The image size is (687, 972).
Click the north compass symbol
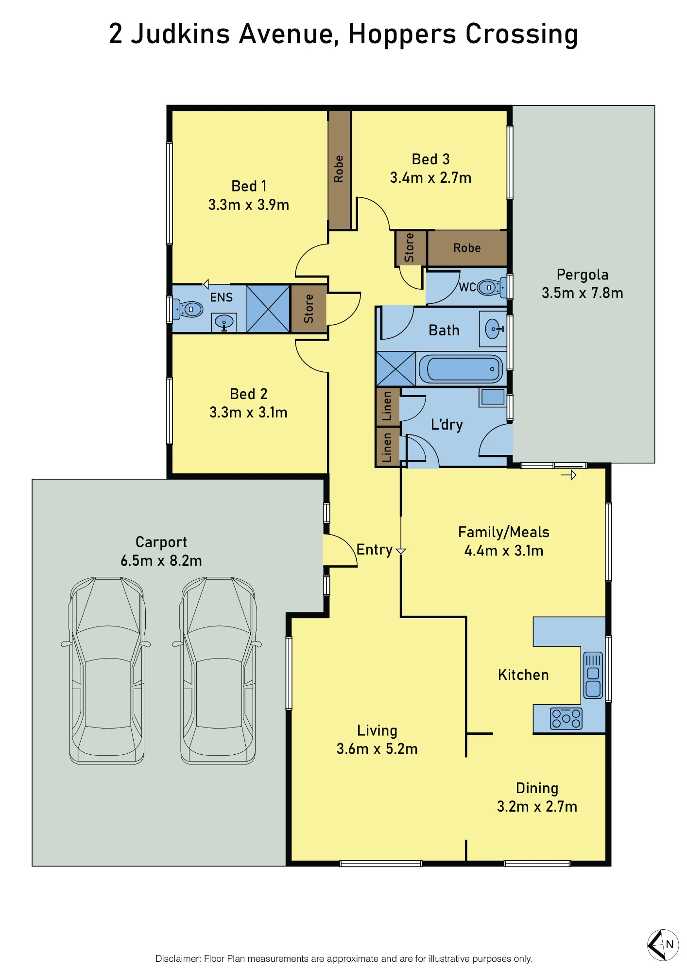pyautogui.click(x=663, y=944)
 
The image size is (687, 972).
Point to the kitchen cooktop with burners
pyautogui.click(x=566, y=718)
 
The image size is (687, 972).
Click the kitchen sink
pyautogui.click(x=593, y=675)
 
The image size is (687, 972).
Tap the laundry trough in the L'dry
pyautogui.click(x=493, y=397)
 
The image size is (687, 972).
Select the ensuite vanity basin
pyautogui.click(x=224, y=322)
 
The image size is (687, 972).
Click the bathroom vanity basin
pyautogui.click(x=493, y=329)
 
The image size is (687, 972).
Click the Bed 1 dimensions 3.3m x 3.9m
pyautogui.click(x=249, y=205)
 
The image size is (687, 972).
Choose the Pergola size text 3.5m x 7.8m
pyautogui.click(x=583, y=293)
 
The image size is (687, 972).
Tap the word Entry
pyautogui.click(x=375, y=550)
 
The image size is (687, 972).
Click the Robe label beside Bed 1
pyautogui.click(x=339, y=169)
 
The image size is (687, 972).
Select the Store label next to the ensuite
pyautogui.click(x=309, y=309)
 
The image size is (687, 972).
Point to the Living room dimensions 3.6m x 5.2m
pyautogui.click(x=377, y=749)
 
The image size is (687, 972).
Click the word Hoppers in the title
pyautogui.click(x=402, y=35)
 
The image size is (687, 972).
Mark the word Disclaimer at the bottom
pyautogui.click(x=177, y=958)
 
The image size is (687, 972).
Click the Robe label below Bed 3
pyautogui.click(x=467, y=248)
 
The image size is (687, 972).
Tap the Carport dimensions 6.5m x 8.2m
pyautogui.click(x=161, y=561)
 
